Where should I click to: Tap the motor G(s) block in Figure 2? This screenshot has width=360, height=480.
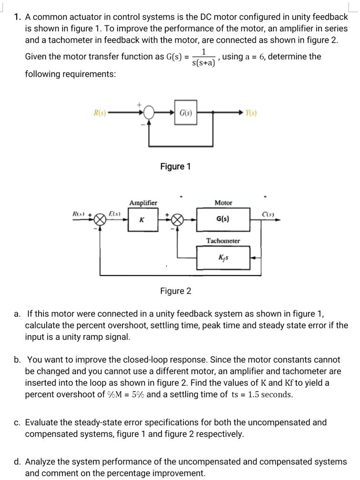click(223, 220)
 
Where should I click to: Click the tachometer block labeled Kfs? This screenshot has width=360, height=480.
click(223, 257)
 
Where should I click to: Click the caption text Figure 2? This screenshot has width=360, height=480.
click(175, 291)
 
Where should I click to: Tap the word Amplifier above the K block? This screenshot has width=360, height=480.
click(143, 203)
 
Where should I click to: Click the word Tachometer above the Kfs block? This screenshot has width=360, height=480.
click(223, 241)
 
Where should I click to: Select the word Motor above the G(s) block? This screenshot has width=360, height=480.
click(223, 203)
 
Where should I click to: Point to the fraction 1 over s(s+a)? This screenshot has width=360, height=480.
click(204, 57)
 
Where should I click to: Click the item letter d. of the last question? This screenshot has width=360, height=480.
click(17, 461)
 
